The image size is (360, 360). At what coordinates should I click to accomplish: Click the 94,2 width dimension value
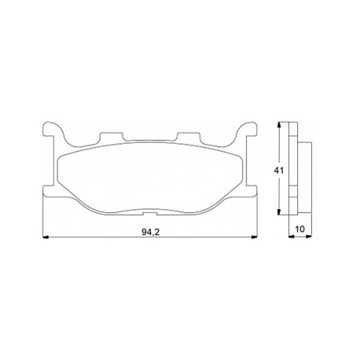(x=151, y=232)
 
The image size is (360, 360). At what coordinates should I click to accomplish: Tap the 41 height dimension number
(x=278, y=171)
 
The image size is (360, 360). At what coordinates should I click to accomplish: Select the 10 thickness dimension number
(x=300, y=230)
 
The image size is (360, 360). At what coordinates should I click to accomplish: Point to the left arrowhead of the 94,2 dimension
(x=46, y=237)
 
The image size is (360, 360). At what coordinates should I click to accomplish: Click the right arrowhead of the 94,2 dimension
(x=254, y=237)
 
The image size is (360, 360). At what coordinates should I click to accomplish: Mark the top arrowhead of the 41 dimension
(x=280, y=125)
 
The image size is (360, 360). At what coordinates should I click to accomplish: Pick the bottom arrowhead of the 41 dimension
(x=280, y=211)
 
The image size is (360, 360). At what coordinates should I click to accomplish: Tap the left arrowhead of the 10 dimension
(x=292, y=237)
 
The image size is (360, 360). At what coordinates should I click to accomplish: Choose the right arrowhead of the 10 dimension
(x=309, y=237)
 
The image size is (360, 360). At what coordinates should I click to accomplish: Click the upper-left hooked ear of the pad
(x=53, y=130)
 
